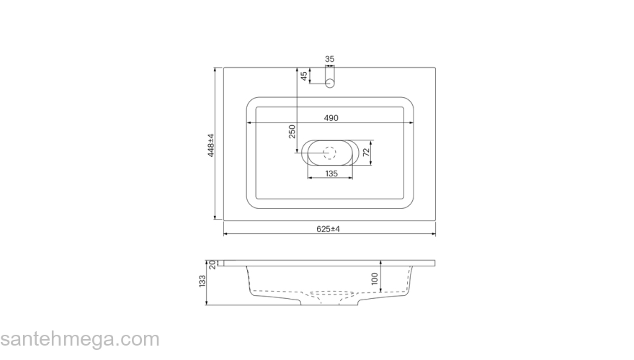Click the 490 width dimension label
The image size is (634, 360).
tap(331, 118)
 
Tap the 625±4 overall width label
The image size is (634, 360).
tap(329, 229)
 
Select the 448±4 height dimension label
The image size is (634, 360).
tap(210, 145)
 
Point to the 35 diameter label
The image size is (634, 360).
tap(330, 59)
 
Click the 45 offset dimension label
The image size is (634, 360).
tap(304, 76)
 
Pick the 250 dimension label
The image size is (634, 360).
tap(292, 132)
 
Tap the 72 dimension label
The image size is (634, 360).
tap(366, 153)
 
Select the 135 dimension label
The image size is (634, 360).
tap(331, 174)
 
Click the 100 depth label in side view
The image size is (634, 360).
tap(375, 279)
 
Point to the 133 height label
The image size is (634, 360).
tap(202, 282)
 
